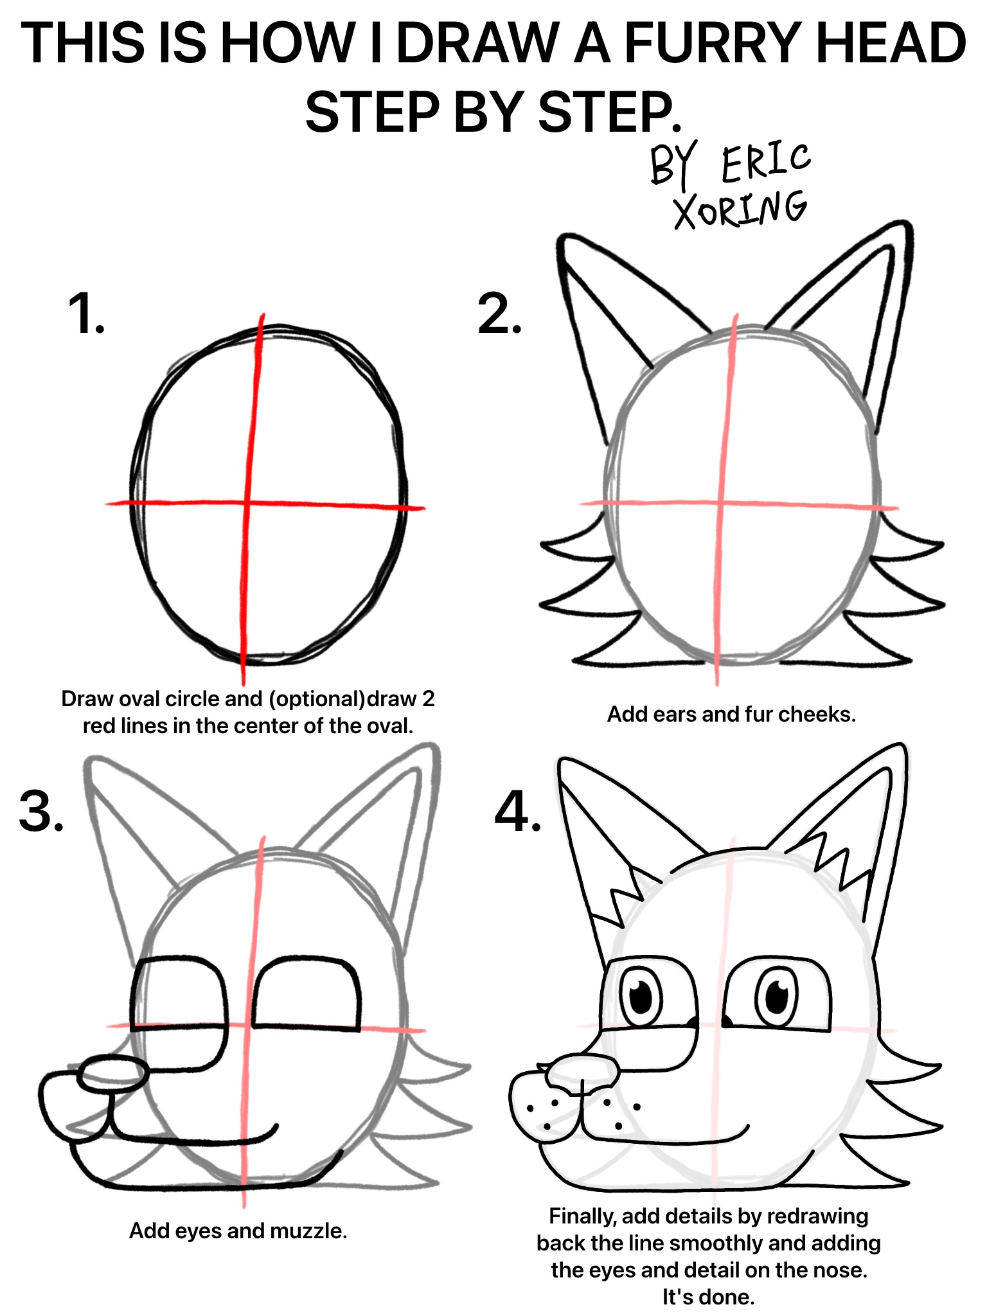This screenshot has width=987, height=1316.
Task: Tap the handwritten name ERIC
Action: coord(767,161)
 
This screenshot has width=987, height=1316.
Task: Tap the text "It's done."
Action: coord(708,1297)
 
